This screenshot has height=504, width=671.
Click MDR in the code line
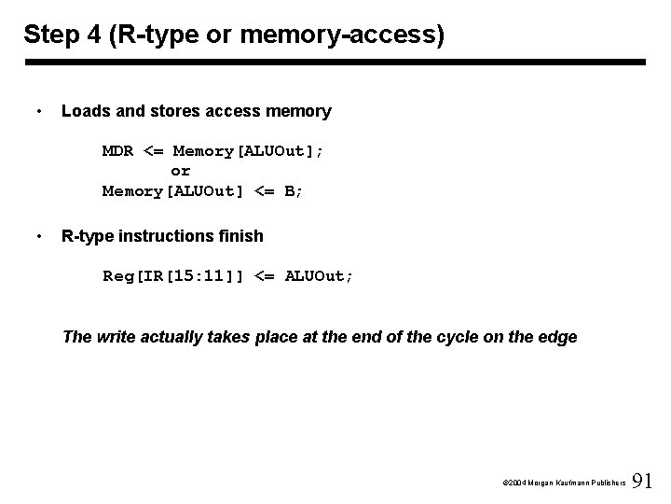tap(118, 150)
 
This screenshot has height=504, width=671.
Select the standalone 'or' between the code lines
tap(180, 171)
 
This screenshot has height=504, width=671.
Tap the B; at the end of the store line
tap(294, 190)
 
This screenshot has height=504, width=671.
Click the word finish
tap(240, 236)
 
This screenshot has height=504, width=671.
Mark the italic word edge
tap(556, 336)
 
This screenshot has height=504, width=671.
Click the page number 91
tap(643, 482)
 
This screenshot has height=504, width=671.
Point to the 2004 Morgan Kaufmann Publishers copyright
tap(563, 484)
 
